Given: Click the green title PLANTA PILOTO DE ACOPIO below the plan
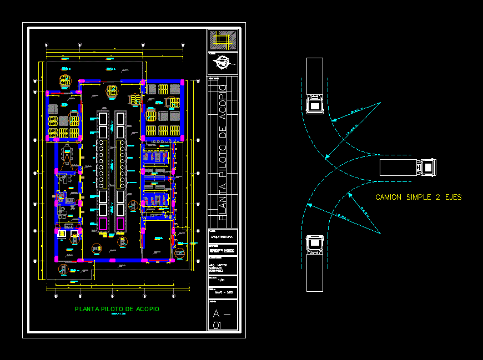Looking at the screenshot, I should coord(117,309).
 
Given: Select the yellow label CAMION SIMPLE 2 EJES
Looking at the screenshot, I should coord(419,197).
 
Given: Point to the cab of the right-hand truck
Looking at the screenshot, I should coord(427,166).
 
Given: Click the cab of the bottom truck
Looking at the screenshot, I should coord(315,245).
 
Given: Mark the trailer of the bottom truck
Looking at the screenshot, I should coord(315,272).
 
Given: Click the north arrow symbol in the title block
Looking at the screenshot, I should coord(223,62).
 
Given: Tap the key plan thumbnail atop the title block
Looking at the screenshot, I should coord(222,40).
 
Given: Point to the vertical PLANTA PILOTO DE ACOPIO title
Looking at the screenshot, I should coord(223,150).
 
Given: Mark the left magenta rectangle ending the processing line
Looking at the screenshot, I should coord(103,224).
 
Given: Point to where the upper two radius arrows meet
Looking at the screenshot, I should coord(380,103).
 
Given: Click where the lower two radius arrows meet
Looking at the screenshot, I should coord(380,232).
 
